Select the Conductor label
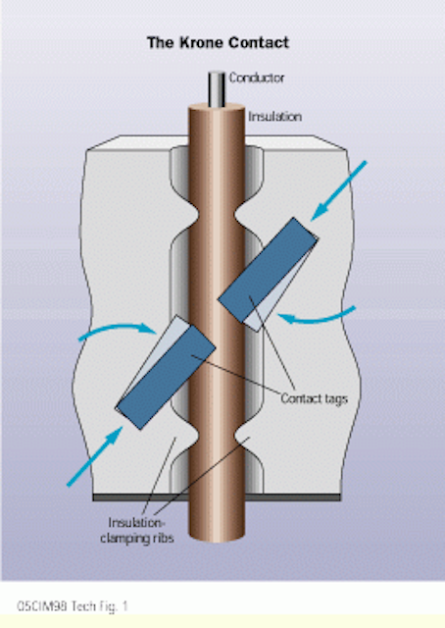click(x=257, y=78)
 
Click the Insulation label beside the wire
click(x=274, y=117)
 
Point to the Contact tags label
click(x=314, y=398)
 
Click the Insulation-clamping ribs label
click(x=137, y=530)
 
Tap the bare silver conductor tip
click(x=217, y=89)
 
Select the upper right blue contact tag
click(x=269, y=270)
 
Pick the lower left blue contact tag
click(x=166, y=377)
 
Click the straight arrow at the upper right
click(x=338, y=190)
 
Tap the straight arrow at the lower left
click(x=95, y=456)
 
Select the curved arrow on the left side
click(x=117, y=330)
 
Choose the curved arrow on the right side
click(x=317, y=318)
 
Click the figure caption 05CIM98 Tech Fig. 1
click(x=72, y=606)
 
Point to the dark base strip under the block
click(x=217, y=497)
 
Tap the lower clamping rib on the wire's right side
click(x=242, y=438)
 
